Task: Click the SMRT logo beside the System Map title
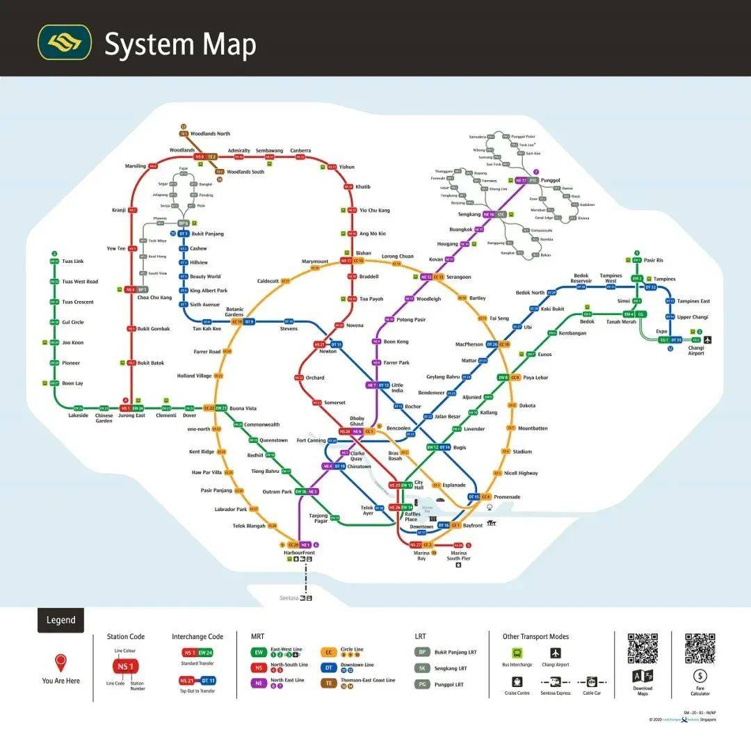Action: (x=64, y=42)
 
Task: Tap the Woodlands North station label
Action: (x=210, y=134)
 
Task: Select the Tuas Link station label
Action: (x=73, y=261)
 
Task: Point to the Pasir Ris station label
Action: (x=654, y=260)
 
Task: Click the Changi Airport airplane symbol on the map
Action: (x=708, y=340)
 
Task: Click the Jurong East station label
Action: (x=131, y=416)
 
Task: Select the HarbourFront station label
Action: (x=299, y=553)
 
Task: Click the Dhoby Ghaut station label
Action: (x=357, y=421)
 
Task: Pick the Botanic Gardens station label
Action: (x=235, y=312)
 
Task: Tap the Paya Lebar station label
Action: (x=535, y=378)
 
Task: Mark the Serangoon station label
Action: (x=458, y=277)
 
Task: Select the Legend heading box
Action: (x=61, y=620)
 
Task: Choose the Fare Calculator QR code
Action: (x=700, y=649)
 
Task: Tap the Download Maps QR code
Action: (x=643, y=649)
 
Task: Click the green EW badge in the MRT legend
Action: (x=259, y=652)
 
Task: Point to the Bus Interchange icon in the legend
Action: (x=517, y=653)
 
